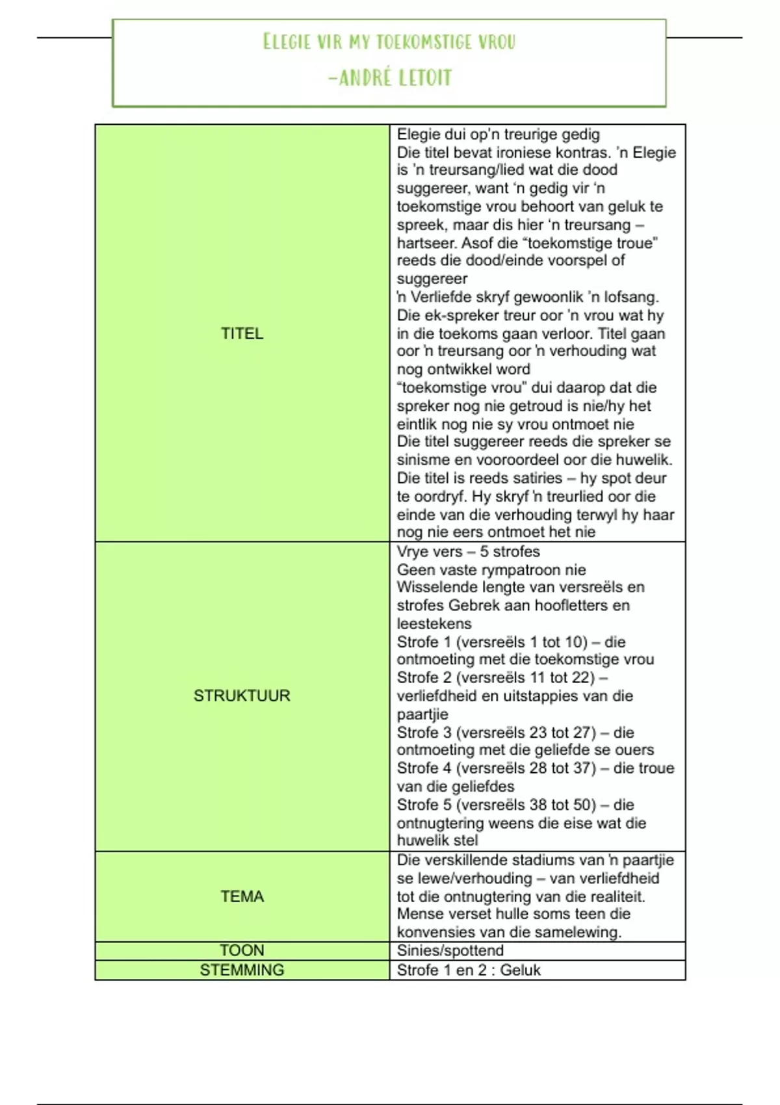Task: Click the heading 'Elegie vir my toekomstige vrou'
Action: (x=389, y=42)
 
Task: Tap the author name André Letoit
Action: (x=390, y=78)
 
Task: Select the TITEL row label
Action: (x=242, y=333)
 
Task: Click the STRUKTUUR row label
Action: (x=242, y=695)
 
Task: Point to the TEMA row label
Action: (x=242, y=896)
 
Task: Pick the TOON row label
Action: (x=242, y=950)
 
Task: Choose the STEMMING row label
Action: (x=242, y=970)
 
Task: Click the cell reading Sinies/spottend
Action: (x=450, y=950)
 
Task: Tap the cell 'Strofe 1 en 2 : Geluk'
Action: (x=468, y=970)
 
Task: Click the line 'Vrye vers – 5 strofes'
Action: (x=468, y=552)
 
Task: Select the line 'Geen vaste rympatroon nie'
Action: (x=491, y=570)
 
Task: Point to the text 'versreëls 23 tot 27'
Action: (x=526, y=733)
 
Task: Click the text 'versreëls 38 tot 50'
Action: (x=526, y=805)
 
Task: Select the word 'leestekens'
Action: (x=434, y=624)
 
